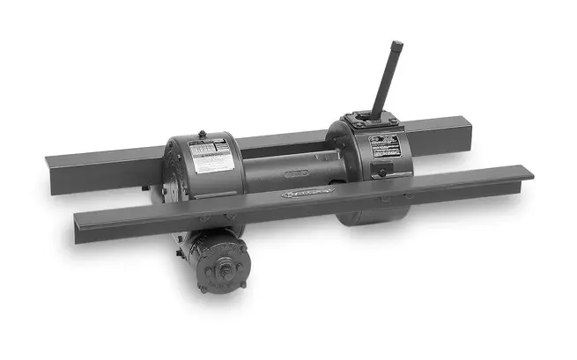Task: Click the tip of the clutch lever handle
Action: click(x=396, y=46)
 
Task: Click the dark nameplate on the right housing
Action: click(x=387, y=146)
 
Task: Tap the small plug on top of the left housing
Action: click(x=203, y=135)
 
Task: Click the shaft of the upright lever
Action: click(x=386, y=84)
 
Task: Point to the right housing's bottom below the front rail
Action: click(x=370, y=213)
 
